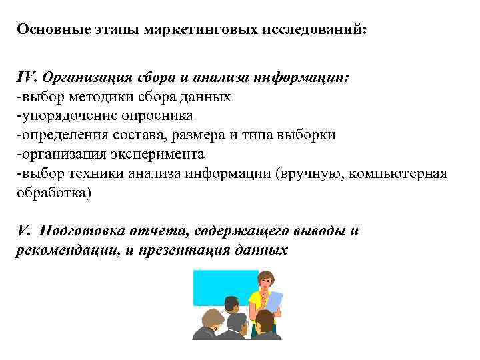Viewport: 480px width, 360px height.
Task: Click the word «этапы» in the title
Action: (112, 30)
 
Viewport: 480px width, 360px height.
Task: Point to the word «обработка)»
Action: (51, 193)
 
